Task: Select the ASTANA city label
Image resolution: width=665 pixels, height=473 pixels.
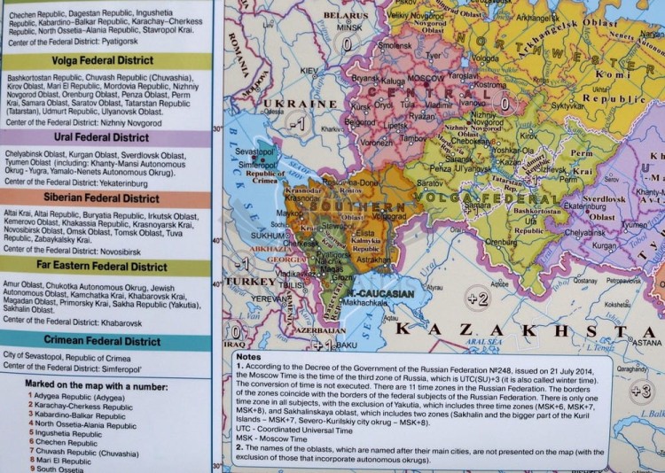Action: (645, 342)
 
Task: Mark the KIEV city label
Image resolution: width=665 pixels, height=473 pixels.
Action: (309, 71)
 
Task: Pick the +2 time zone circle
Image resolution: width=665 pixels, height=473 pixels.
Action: (477, 299)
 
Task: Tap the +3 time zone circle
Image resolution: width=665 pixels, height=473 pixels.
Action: (641, 390)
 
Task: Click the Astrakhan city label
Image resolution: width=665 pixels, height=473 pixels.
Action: (372, 260)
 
